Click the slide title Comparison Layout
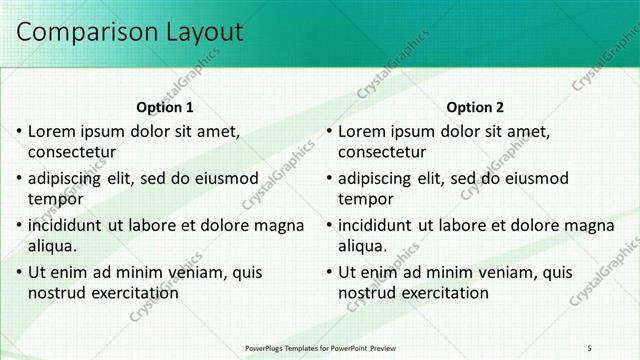pyautogui.click(x=129, y=32)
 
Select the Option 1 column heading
pyautogui.click(x=165, y=108)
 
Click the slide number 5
pyautogui.click(x=589, y=347)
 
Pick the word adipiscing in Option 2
pyautogui.click(x=374, y=179)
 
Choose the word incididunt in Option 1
pyautogui.click(x=67, y=226)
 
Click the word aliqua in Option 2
pyautogui.click(x=362, y=247)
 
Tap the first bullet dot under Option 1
pyautogui.click(x=19, y=132)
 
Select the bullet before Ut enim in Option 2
pyautogui.click(x=329, y=273)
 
